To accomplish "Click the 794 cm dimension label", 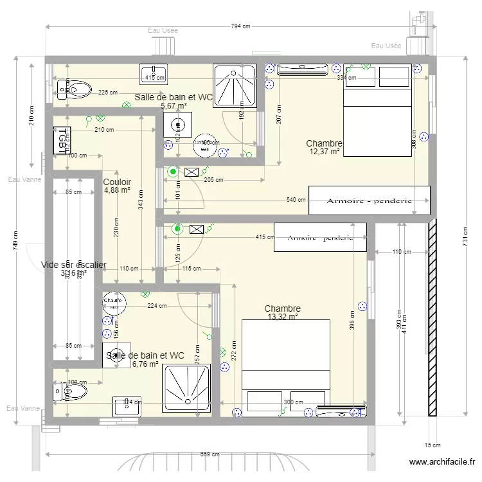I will click(241, 26).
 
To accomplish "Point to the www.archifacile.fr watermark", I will click(442, 462).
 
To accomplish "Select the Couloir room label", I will click(117, 182).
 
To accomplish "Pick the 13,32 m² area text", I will click(282, 317).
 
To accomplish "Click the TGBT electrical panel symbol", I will click(62, 139).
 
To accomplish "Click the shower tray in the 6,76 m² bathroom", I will click(186, 388).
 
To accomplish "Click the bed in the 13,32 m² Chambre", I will click(285, 363).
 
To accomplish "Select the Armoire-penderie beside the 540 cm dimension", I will click(369, 201).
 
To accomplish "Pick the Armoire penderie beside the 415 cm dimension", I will click(320, 237).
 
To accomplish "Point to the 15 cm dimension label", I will click(433, 445).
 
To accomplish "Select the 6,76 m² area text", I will click(145, 364).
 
